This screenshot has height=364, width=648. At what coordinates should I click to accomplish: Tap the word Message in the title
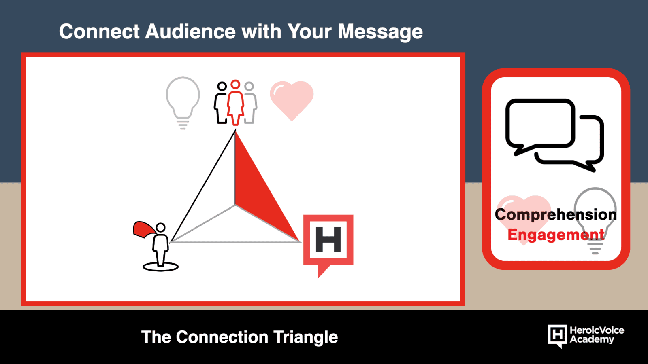(380, 32)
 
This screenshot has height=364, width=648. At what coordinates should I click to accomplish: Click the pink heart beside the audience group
(292, 99)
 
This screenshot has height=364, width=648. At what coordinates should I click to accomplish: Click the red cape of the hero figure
(143, 229)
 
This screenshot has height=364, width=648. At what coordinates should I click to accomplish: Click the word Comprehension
(556, 215)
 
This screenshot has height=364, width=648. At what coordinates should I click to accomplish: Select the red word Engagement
(556, 235)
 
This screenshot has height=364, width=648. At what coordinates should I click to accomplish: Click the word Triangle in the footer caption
(305, 337)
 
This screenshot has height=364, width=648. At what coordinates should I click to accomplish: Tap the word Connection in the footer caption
(222, 337)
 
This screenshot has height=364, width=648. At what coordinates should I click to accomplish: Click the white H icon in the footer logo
(557, 336)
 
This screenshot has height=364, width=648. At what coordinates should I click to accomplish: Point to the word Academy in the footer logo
(592, 339)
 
